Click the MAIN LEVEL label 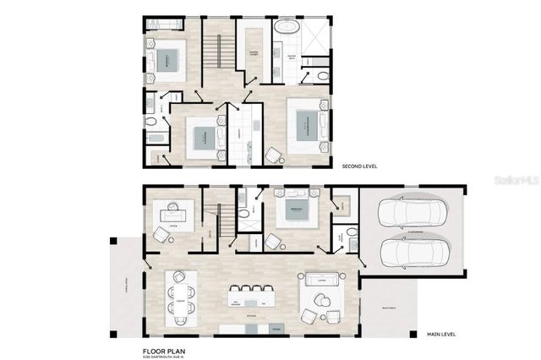[440, 331]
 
